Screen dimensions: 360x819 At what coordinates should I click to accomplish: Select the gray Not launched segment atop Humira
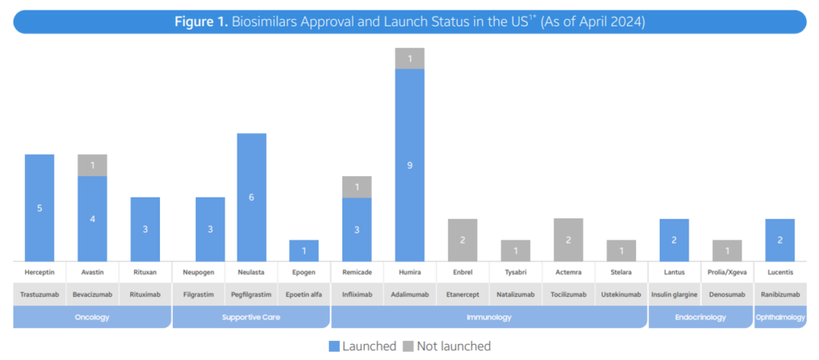pos(409,58)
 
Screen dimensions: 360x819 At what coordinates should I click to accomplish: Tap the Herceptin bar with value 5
pos(40,207)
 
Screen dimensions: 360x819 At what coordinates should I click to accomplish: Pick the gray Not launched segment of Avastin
pos(93,165)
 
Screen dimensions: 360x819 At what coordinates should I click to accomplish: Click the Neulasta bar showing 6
pos(251,197)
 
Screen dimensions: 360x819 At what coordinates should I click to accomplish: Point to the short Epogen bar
pos(304,250)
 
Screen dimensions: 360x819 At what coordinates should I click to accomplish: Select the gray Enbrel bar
pos(462,240)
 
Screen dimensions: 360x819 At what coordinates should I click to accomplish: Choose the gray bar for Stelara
pos(621,250)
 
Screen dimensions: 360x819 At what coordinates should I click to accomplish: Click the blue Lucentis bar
pos(779,240)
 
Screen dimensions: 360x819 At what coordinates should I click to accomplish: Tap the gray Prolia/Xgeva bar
pos(726,250)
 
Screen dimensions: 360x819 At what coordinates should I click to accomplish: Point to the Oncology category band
pos(93,318)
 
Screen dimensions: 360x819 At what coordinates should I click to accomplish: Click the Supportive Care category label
pos(251,318)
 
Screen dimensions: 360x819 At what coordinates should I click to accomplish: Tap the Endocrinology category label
pos(700,318)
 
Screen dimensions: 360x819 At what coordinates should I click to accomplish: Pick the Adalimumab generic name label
pos(409,294)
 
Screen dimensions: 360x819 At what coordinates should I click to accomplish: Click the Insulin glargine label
pos(673,294)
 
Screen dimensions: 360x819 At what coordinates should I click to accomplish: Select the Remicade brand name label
pos(357,272)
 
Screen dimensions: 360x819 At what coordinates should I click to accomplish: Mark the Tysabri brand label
pos(515,272)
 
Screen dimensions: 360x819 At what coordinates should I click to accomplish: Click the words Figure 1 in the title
pos(201,22)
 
